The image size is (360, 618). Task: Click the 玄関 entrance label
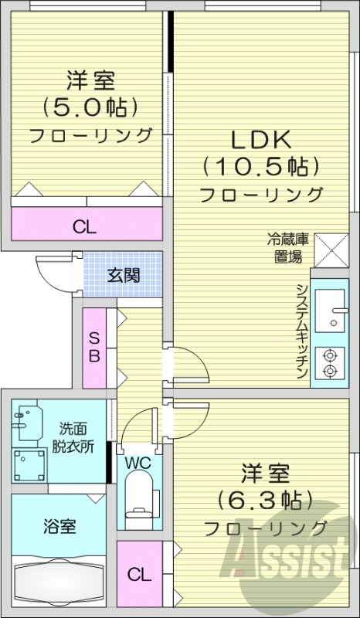pyautogui.click(x=124, y=275)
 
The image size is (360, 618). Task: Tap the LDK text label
pyautogui.click(x=260, y=141)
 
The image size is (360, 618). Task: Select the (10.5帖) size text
pyautogui.click(x=260, y=166)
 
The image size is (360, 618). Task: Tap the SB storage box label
pyautogui.click(x=93, y=348)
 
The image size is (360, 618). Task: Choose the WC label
pyautogui.click(x=138, y=463)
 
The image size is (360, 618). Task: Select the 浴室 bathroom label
pyautogui.click(x=59, y=528)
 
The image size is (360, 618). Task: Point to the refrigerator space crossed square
pyautogui.click(x=331, y=250)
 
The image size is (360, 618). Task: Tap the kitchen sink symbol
pyautogui.click(x=333, y=309)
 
